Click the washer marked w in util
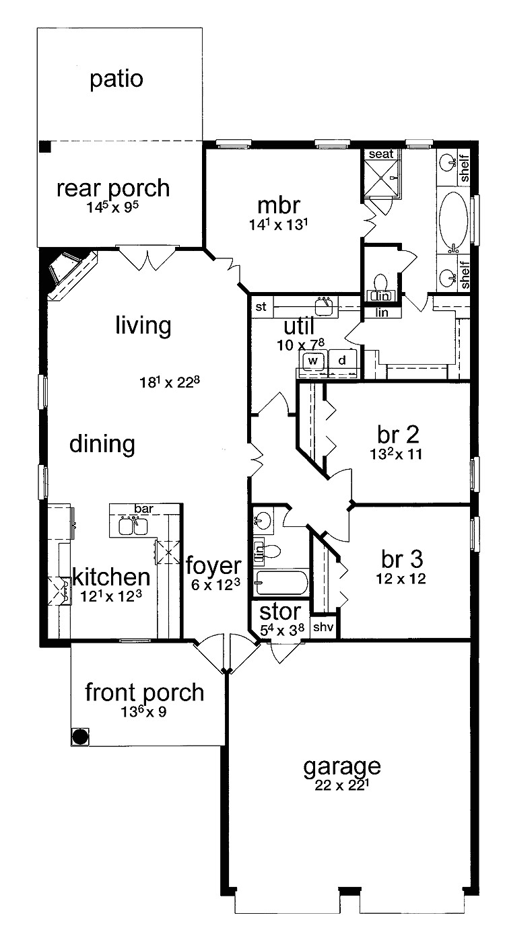click(x=312, y=360)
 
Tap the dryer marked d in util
click(x=342, y=360)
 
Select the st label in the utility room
click(x=261, y=308)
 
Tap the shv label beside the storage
click(x=324, y=626)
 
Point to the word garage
click(x=342, y=766)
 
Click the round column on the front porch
click(x=80, y=736)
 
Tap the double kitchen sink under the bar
click(x=133, y=526)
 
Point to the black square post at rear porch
click(x=44, y=147)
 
